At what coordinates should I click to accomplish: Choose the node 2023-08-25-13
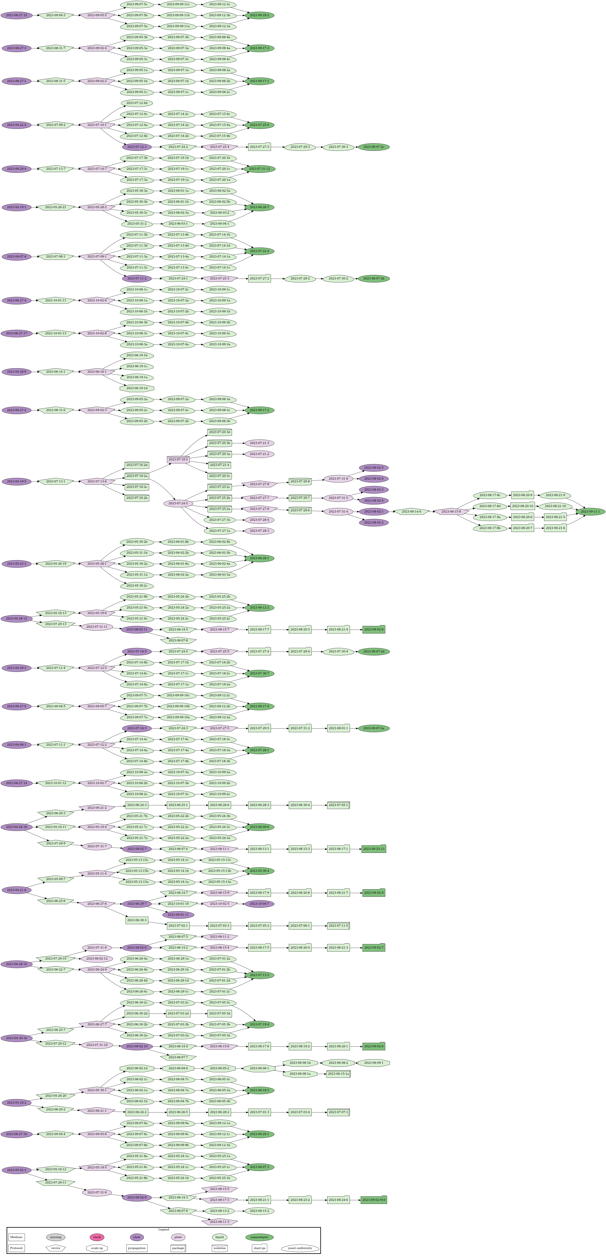373,849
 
